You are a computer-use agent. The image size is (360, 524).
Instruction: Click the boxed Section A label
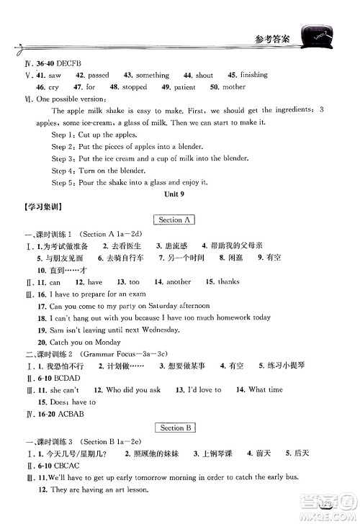(174, 220)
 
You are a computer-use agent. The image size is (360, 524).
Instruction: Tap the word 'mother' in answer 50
(233, 87)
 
